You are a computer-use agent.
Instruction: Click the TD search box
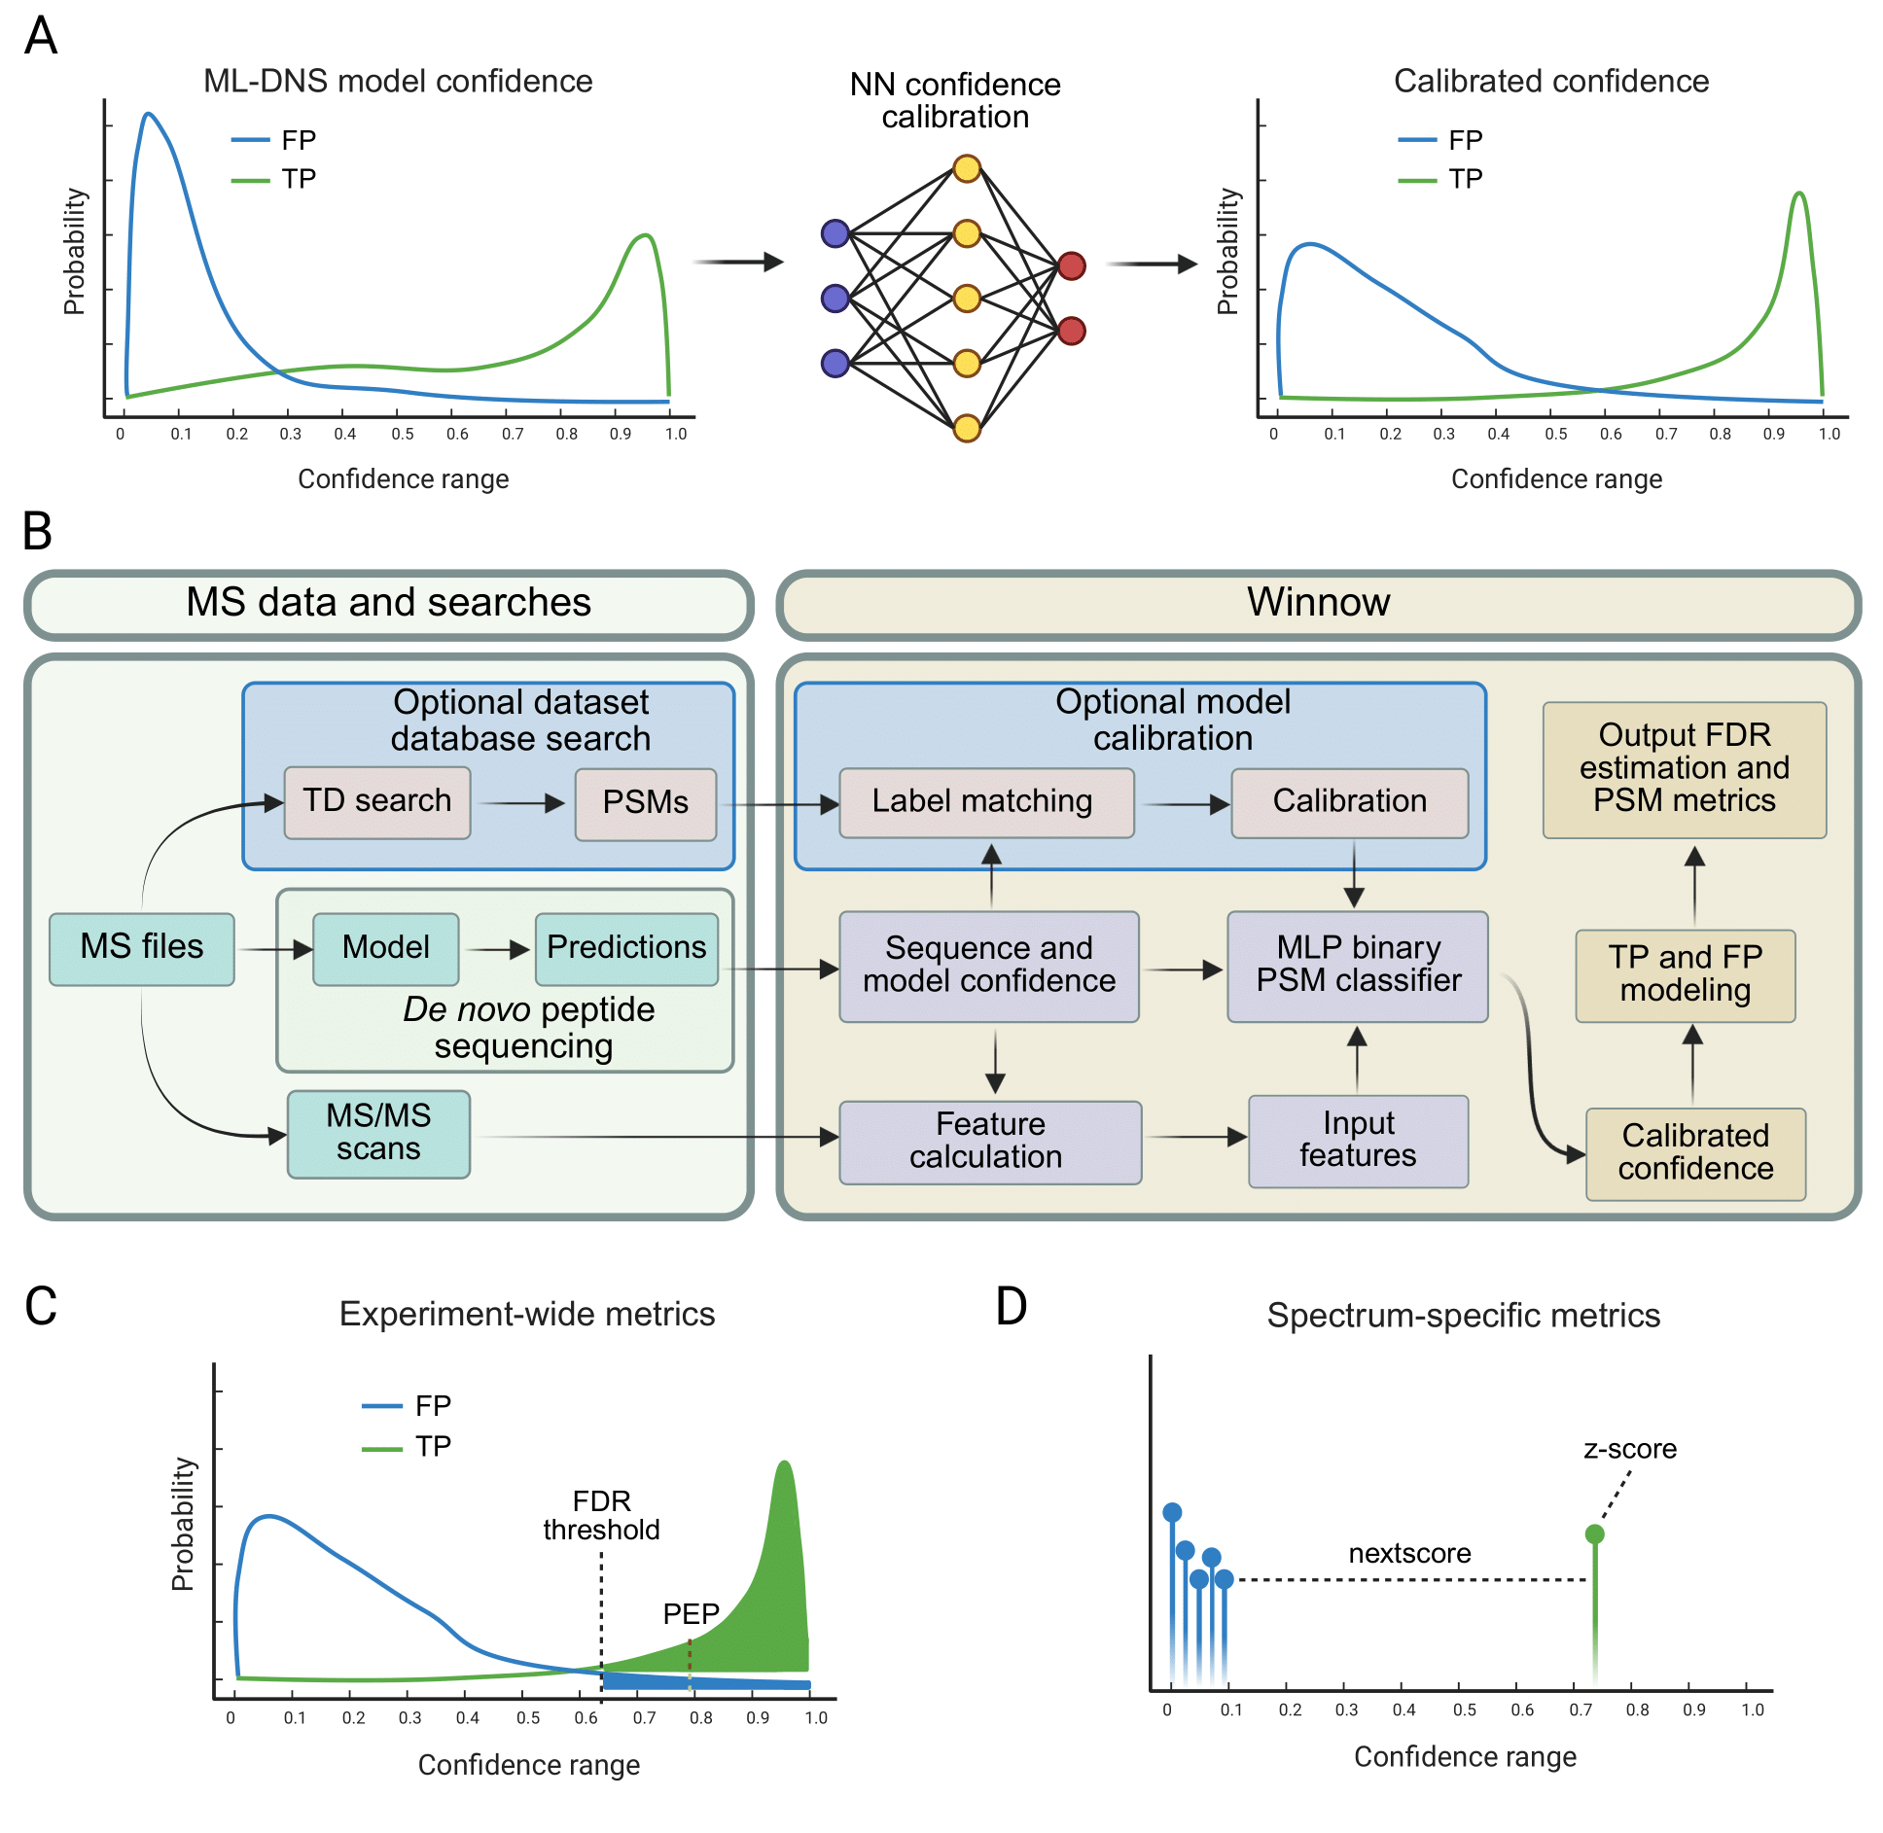coord(377,802)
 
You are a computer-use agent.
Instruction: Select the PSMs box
coord(646,803)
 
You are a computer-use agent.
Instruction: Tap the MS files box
coord(142,948)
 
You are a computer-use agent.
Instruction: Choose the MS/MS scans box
coord(378,1134)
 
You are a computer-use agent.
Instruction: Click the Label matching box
coord(986,802)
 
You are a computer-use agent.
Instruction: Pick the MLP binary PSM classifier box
coord(1358,966)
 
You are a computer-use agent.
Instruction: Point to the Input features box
coord(1358,1141)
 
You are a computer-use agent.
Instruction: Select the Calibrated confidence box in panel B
coord(1695,1153)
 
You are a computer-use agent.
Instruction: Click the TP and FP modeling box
coord(1685,974)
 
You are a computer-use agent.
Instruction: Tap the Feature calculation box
coord(989,1142)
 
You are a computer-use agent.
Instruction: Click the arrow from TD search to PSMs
coord(522,803)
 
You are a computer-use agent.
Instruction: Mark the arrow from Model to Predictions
coord(496,950)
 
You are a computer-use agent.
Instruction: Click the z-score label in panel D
coord(1630,1449)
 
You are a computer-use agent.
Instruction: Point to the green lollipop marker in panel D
coord(1594,1534)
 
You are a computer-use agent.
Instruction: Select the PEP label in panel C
coord(691,1614)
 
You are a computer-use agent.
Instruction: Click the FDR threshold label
coord(601,1515)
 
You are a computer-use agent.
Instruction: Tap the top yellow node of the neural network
coord(967,168)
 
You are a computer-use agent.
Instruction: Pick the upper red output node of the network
coord(1071,265)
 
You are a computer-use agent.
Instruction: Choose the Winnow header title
coord(1318,603)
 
